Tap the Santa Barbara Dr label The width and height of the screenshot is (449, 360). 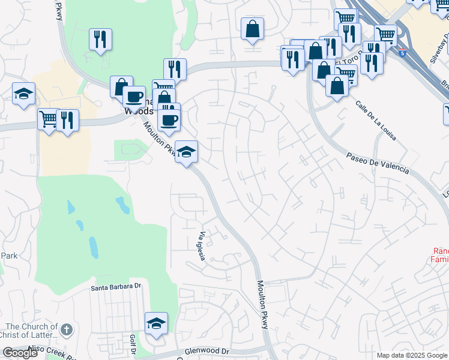point(116,287)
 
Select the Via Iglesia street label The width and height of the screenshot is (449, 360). point(202,246)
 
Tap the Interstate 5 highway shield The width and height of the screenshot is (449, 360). point(400,53)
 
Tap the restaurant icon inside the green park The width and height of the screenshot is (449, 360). point(100,39)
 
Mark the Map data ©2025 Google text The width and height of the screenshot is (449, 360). point(411,355)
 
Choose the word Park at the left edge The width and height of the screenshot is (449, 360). point(8,256)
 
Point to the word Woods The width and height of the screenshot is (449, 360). point(134,111)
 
